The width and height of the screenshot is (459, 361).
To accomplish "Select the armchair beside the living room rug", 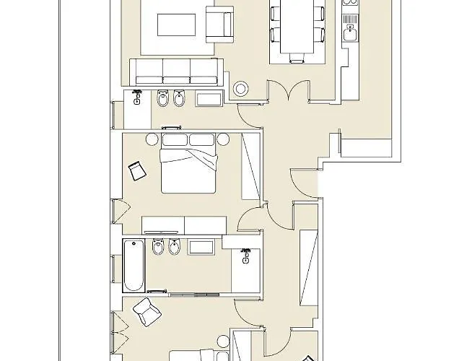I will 219,23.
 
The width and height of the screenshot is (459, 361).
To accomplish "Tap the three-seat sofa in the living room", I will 176,71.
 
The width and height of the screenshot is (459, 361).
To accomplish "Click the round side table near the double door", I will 240,89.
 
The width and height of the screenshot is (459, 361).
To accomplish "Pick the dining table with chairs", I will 295,29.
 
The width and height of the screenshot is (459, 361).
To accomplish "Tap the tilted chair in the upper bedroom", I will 136,170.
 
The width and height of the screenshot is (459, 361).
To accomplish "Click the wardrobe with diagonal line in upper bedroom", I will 250,166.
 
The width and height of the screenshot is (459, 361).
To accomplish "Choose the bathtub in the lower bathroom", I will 133,264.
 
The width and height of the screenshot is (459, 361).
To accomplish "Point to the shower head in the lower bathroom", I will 245,254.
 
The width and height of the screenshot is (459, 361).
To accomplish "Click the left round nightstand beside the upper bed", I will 152,139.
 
